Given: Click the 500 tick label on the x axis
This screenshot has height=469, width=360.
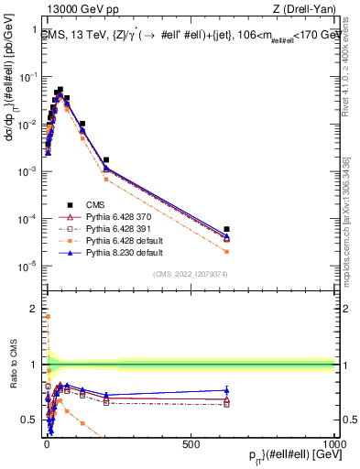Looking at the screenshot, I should [191, 443].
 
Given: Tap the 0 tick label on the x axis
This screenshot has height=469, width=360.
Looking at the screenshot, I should [47, 443].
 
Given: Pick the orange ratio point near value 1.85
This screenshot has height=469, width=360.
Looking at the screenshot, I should [48, 317].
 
